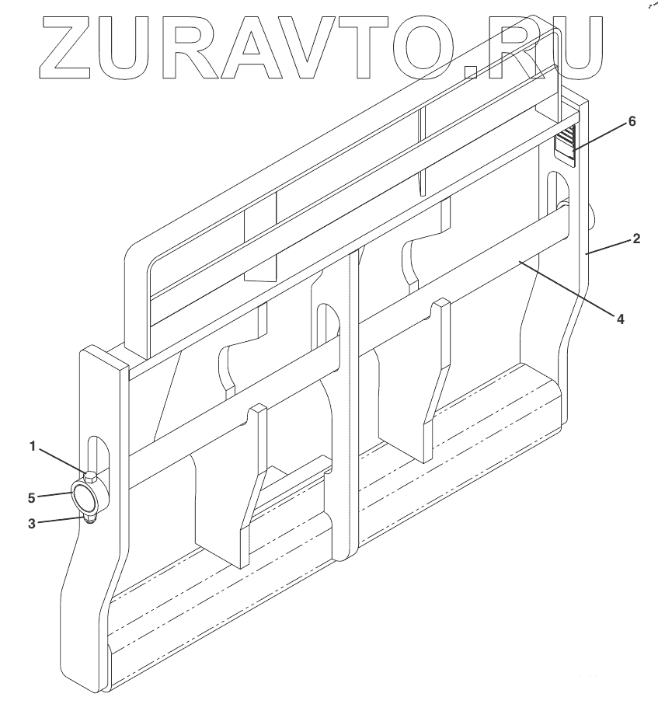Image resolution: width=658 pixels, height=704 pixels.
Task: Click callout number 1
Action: tap(33, 446)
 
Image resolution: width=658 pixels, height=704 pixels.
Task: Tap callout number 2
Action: tap(636, 239)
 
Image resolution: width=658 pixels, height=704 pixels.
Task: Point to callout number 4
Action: tap(620, 318)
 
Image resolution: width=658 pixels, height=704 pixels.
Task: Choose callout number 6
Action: tap(632, 122)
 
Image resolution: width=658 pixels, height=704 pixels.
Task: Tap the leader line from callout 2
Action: tap(609, 246)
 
